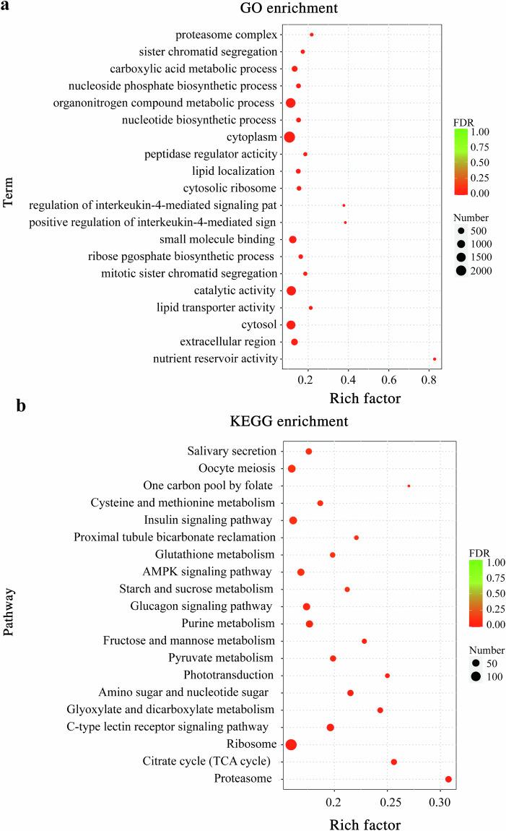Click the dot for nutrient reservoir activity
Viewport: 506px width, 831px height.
434,359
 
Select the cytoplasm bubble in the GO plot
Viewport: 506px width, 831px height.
289,137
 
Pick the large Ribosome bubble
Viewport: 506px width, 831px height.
291,744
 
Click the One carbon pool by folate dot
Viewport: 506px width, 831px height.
409,486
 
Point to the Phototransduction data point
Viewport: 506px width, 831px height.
387,676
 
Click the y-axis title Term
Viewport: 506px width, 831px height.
9,196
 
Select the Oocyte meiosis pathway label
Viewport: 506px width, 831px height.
231,468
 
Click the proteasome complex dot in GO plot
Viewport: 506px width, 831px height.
311,35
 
